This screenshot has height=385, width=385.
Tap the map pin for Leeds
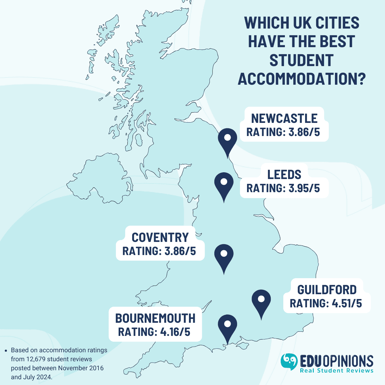(x=224, y=184)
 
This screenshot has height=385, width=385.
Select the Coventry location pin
(x=224, y=256)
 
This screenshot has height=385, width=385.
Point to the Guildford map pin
(x=261, y=301)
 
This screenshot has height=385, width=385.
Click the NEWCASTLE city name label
(x=284, y=118)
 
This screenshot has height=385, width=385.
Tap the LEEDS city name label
(x=284, y=175)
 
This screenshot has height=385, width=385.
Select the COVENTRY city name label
(x=160, y=237)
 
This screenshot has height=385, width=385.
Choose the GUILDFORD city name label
(x=327, y=290)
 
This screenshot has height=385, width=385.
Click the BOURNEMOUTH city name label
(x=155, y=318)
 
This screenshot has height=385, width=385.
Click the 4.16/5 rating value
(x=175, y=332)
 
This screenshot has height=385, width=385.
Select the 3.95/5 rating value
(x=304, y=188)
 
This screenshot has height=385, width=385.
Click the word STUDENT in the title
(x=302, y=60)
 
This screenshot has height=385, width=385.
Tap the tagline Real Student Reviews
(x=337, y=371)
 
